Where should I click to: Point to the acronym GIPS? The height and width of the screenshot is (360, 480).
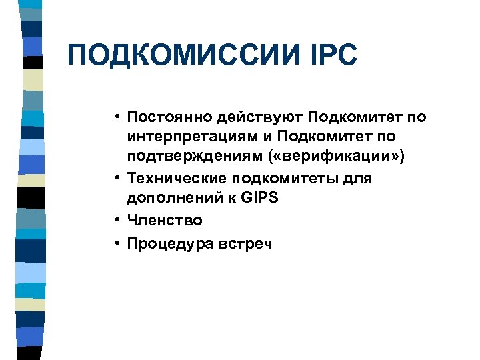coord(257,198)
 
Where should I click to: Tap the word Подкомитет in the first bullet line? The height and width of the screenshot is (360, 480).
coord(347,118)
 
